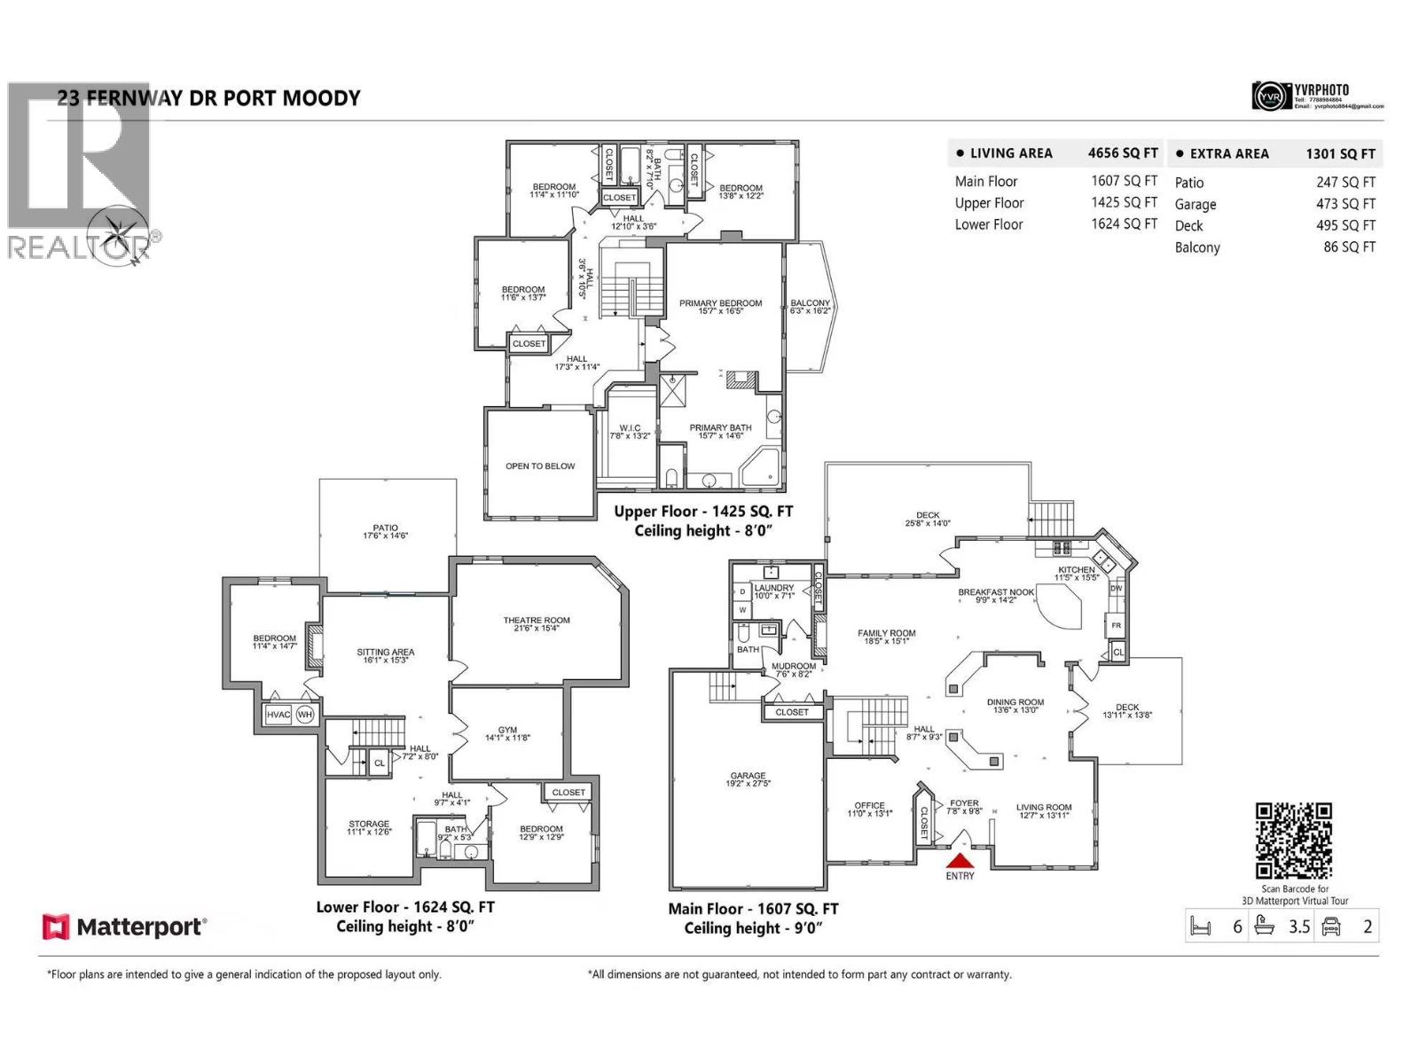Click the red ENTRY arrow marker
click(x=960, y=860)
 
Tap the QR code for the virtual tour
click(x=1293, y=841)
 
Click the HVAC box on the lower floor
click(x=278, y=715)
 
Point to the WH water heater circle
click(x=305, y=715)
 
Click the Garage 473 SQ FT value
click(x=1345, y=204)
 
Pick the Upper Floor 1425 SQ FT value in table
click(x=1124, y=202)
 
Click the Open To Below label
click(x=540, y=466)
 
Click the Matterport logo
click(x=124, y=927)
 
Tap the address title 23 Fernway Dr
click(x=209, y=98)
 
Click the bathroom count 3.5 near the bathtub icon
click(x=1298, y=927)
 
